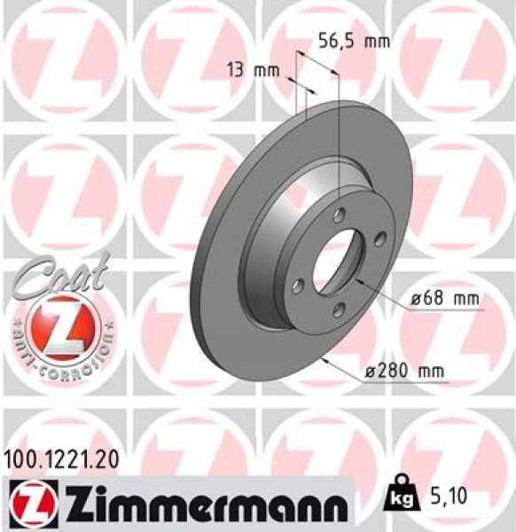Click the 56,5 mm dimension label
coord(353,41)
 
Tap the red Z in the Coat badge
coord(59,322)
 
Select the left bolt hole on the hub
coord(298,284)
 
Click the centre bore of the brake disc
coord(340,262)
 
